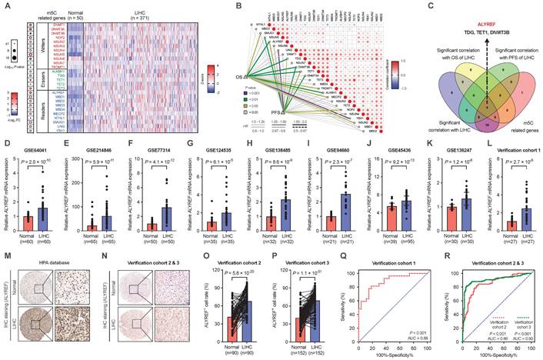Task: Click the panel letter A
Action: (5, 5)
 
